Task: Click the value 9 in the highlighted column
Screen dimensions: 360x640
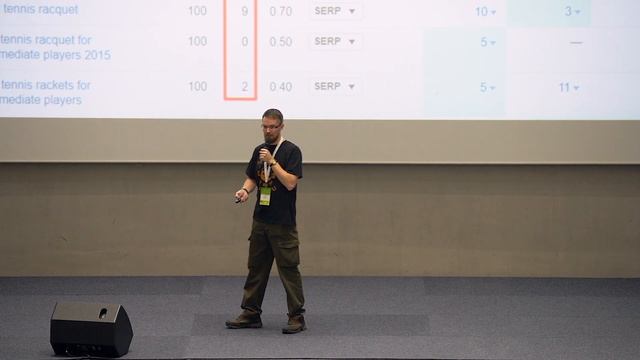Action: pos(244,11)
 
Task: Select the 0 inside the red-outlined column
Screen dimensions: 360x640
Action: pos(244,41)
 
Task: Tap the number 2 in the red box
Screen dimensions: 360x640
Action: pos(244,87)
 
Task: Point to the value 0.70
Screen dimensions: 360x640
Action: pos(281,11)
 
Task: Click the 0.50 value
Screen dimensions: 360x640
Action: pos(281,41)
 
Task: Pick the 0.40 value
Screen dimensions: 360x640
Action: pos(281,87)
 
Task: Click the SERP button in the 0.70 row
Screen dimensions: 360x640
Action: pos(334,11)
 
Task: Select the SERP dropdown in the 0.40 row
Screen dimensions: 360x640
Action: pos(334,87)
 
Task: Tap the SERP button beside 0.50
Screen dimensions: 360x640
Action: pos(334,41)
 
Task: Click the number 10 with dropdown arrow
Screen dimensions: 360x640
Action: pos(485,11)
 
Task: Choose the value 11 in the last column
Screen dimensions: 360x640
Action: pos(568,87)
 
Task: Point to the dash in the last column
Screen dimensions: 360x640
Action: pos(575,42)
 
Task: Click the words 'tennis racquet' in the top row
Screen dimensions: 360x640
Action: pos(39,10)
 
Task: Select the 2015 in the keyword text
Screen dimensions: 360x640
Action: pos(97,55)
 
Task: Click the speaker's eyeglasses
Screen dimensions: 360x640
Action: pos(271,126)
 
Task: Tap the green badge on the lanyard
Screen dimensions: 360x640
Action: pos(265,196)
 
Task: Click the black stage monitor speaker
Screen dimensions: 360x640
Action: pos(91,328)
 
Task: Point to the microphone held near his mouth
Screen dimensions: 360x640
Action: pos(264,154)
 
